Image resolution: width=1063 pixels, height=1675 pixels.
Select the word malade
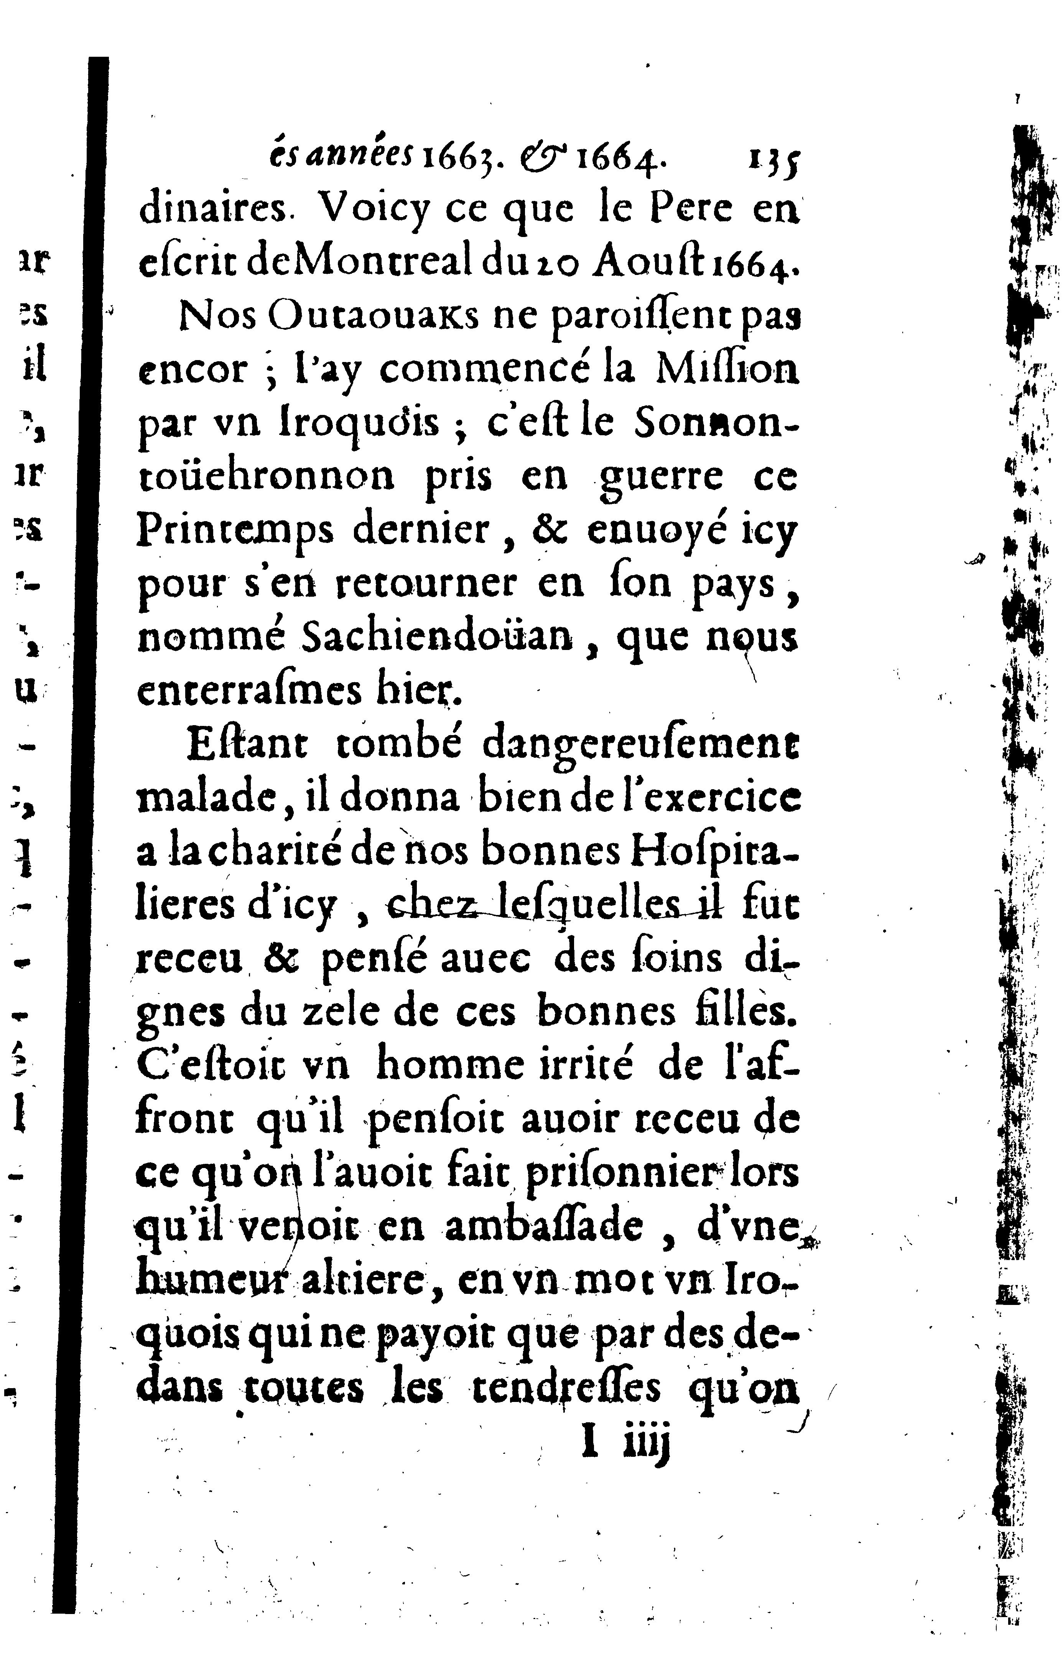point(205,798)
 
